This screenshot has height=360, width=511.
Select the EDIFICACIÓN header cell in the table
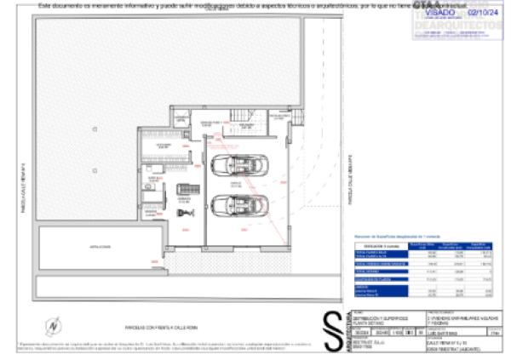(370, 246)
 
